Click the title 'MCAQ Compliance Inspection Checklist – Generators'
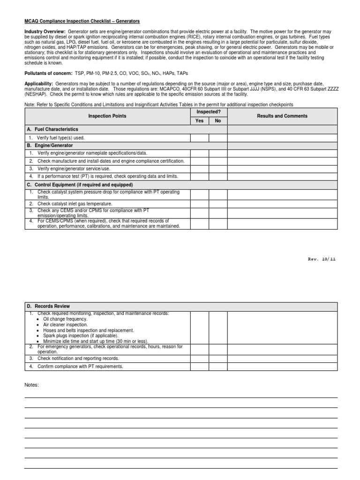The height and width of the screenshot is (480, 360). (82, 22)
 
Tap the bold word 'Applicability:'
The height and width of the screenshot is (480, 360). (39, 83)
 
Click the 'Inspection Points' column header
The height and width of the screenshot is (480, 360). (107, 116)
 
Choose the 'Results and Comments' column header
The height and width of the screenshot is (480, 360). (282, 116)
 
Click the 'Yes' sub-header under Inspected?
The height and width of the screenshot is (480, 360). (200, 120)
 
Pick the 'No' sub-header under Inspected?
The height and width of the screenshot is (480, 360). (218, 120)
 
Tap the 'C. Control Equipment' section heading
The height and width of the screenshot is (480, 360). (81, 185)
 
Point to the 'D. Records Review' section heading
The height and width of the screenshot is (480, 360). (49, 306)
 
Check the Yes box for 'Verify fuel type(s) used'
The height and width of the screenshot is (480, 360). (200, 138)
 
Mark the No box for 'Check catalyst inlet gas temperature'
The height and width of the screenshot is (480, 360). (218, 204)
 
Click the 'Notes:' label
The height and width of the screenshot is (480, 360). (32, 385)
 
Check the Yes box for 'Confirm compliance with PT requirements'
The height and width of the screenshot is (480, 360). (200, 367)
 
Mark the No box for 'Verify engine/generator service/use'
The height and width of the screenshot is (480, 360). (218, 169)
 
